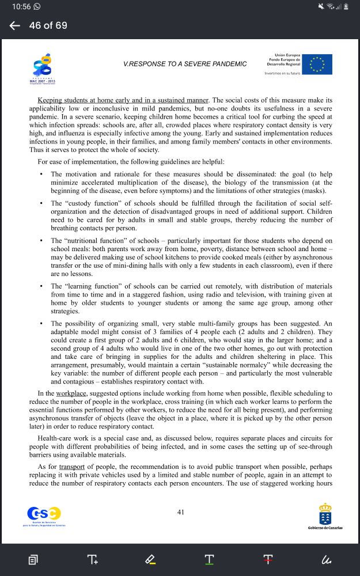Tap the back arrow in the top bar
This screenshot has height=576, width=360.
(15, 25)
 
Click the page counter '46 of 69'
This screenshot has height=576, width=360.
(48, 25)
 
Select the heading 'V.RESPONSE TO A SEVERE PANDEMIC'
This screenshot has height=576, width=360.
(185, 64)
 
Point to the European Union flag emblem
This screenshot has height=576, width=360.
(317, 65)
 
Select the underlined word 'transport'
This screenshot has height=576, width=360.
(72, 466)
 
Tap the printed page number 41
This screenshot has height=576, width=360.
(181, 511)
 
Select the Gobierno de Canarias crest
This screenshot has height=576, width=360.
(325, 513)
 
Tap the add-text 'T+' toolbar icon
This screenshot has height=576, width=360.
(92, 559)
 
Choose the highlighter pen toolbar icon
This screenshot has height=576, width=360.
(150, 559)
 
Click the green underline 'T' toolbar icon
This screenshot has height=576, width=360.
(209, 559)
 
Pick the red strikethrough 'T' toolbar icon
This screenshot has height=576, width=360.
(268, 559)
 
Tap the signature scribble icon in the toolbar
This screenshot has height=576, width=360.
(327, 559)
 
